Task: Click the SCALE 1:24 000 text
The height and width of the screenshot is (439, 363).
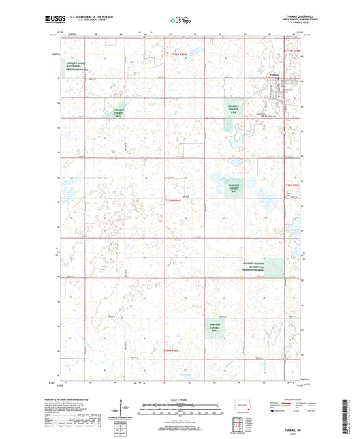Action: tap(180, 398)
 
